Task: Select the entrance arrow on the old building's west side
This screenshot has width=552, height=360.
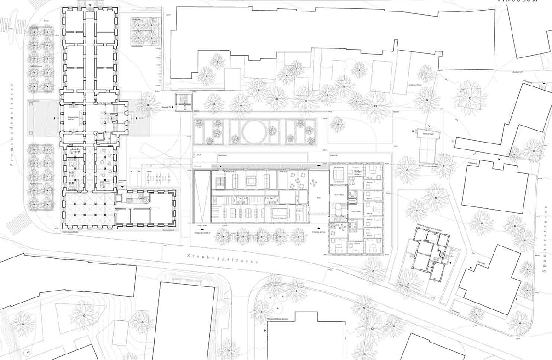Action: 55,118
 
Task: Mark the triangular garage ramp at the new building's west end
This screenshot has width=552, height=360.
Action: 201,195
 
